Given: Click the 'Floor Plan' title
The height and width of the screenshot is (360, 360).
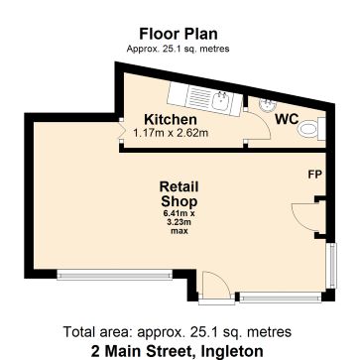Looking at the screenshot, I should [x=179, y=32].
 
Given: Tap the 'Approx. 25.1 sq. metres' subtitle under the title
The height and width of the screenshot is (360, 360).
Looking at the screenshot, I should [x=179, y=48].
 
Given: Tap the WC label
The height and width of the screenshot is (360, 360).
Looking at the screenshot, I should [x=288, y=119].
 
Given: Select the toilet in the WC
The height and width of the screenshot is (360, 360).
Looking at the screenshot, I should [x=310, y=128].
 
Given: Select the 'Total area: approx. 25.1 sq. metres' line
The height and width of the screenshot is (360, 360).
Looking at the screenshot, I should [x=179, y=331].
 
